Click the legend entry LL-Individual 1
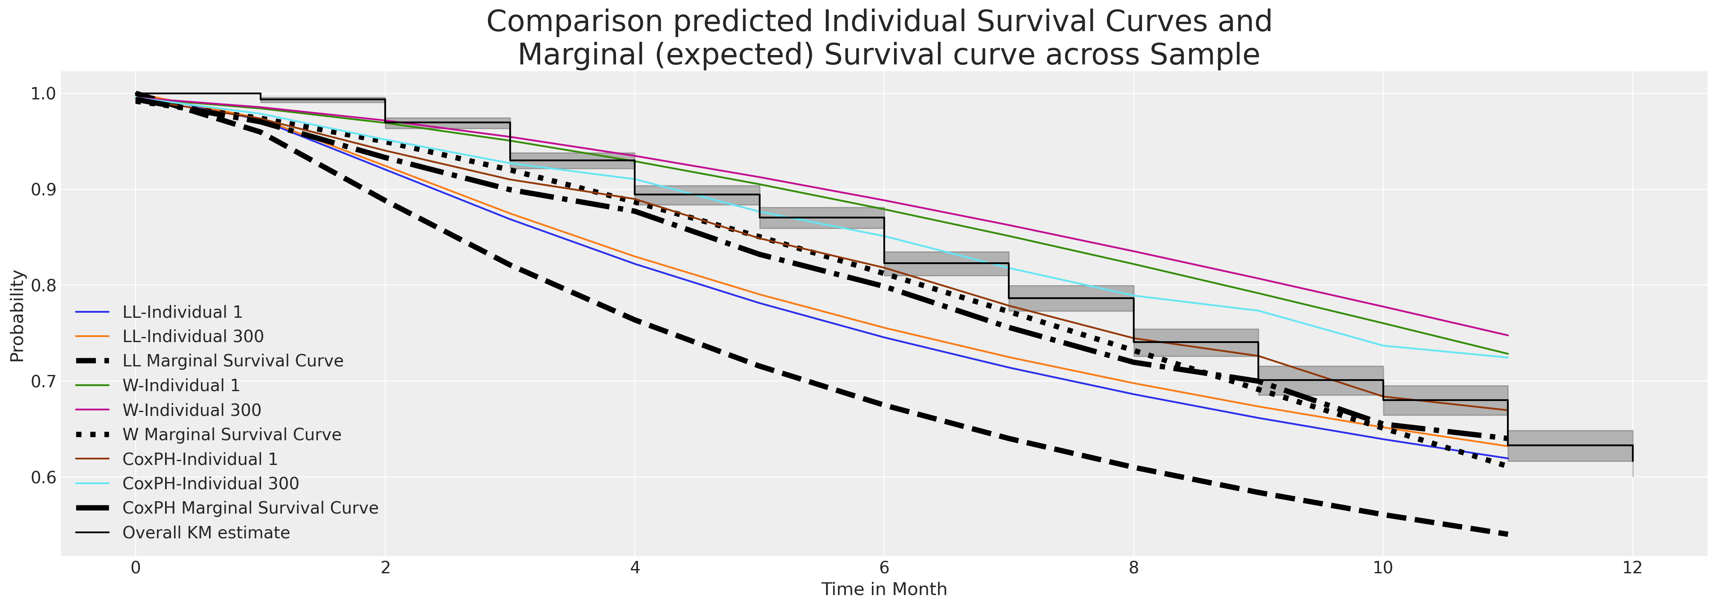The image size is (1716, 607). [182, 312]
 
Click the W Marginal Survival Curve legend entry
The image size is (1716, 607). [231, 434]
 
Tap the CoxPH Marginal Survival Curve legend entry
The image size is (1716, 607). [250, 508]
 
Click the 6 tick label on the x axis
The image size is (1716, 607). [884, 568]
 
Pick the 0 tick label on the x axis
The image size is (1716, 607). [136, 568]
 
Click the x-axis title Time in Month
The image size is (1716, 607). [884, 590]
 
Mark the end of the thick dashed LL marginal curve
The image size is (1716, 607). [1507, 534]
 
